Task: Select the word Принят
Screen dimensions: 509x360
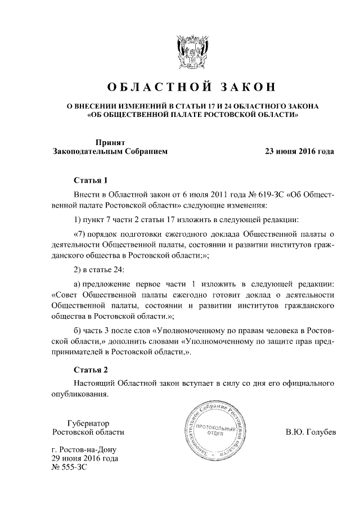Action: (109, 143)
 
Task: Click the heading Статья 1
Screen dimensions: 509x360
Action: (91, 180)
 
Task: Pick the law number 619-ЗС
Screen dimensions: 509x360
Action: (264, 194)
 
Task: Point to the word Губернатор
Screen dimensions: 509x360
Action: (88, 423)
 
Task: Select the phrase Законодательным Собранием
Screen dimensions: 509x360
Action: (109, 152)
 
